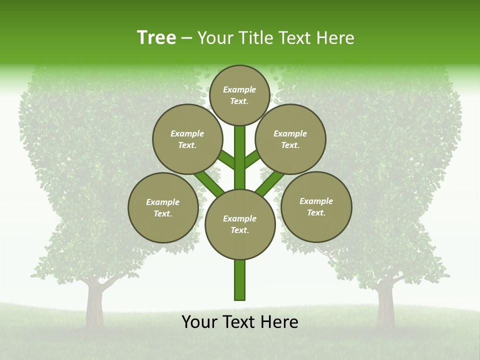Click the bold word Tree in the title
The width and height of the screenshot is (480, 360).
pos(156,38)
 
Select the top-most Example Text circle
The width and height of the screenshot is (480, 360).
pos(239,95)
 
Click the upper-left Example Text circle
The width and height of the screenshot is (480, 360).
pos(187,139)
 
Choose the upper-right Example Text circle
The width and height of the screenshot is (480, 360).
pos(290,139)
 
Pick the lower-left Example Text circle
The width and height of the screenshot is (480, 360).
pos(163,207)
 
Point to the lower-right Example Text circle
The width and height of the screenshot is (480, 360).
pos(316,206)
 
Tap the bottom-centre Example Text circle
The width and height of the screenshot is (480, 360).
pos(240,224)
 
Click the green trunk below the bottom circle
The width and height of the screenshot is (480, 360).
pos(240,280)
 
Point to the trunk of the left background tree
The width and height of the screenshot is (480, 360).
pos(94,305)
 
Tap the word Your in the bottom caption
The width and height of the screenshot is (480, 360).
pos(199,322)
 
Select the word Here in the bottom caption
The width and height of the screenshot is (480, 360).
pos(279,322)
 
